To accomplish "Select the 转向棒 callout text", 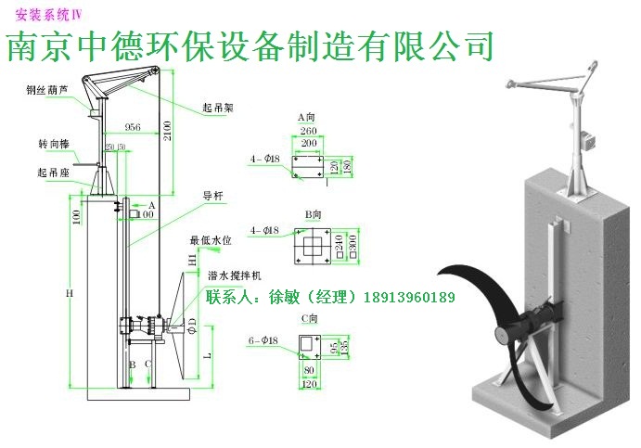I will (x=53, y=144).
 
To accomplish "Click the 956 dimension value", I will (x=132, y=129).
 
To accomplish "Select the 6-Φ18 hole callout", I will (x=264, y=340).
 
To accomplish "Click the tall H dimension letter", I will (x=69, y=293).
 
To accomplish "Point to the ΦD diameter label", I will (x=192, y=326).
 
